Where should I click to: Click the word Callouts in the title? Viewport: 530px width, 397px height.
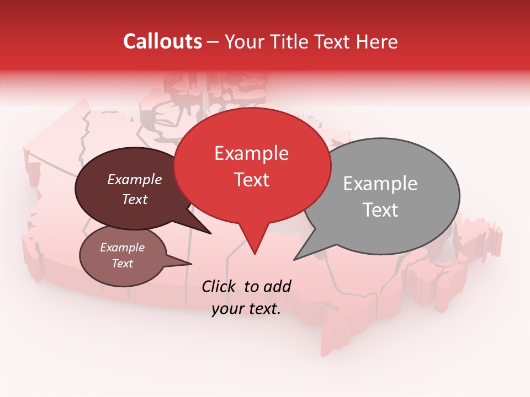tap(162, 41)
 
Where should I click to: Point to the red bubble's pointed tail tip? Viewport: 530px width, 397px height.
tap(255, 254)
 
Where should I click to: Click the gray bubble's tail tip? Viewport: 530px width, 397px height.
tap(295, 259)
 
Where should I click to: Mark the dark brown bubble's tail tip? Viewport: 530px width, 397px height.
tap(210, 233)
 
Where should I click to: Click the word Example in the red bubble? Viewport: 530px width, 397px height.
tap(251, 153)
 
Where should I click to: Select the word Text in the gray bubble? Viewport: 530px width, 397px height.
tap(380, 210)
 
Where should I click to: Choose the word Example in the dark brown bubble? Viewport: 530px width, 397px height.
tap(135, 180)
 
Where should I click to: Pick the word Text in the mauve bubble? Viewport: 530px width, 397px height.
tap(123, 264)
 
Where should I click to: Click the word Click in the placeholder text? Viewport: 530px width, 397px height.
tap(220, 286)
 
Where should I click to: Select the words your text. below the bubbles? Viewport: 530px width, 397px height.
tap(246, 309)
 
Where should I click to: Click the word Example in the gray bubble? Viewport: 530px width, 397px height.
tap(380, 184)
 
